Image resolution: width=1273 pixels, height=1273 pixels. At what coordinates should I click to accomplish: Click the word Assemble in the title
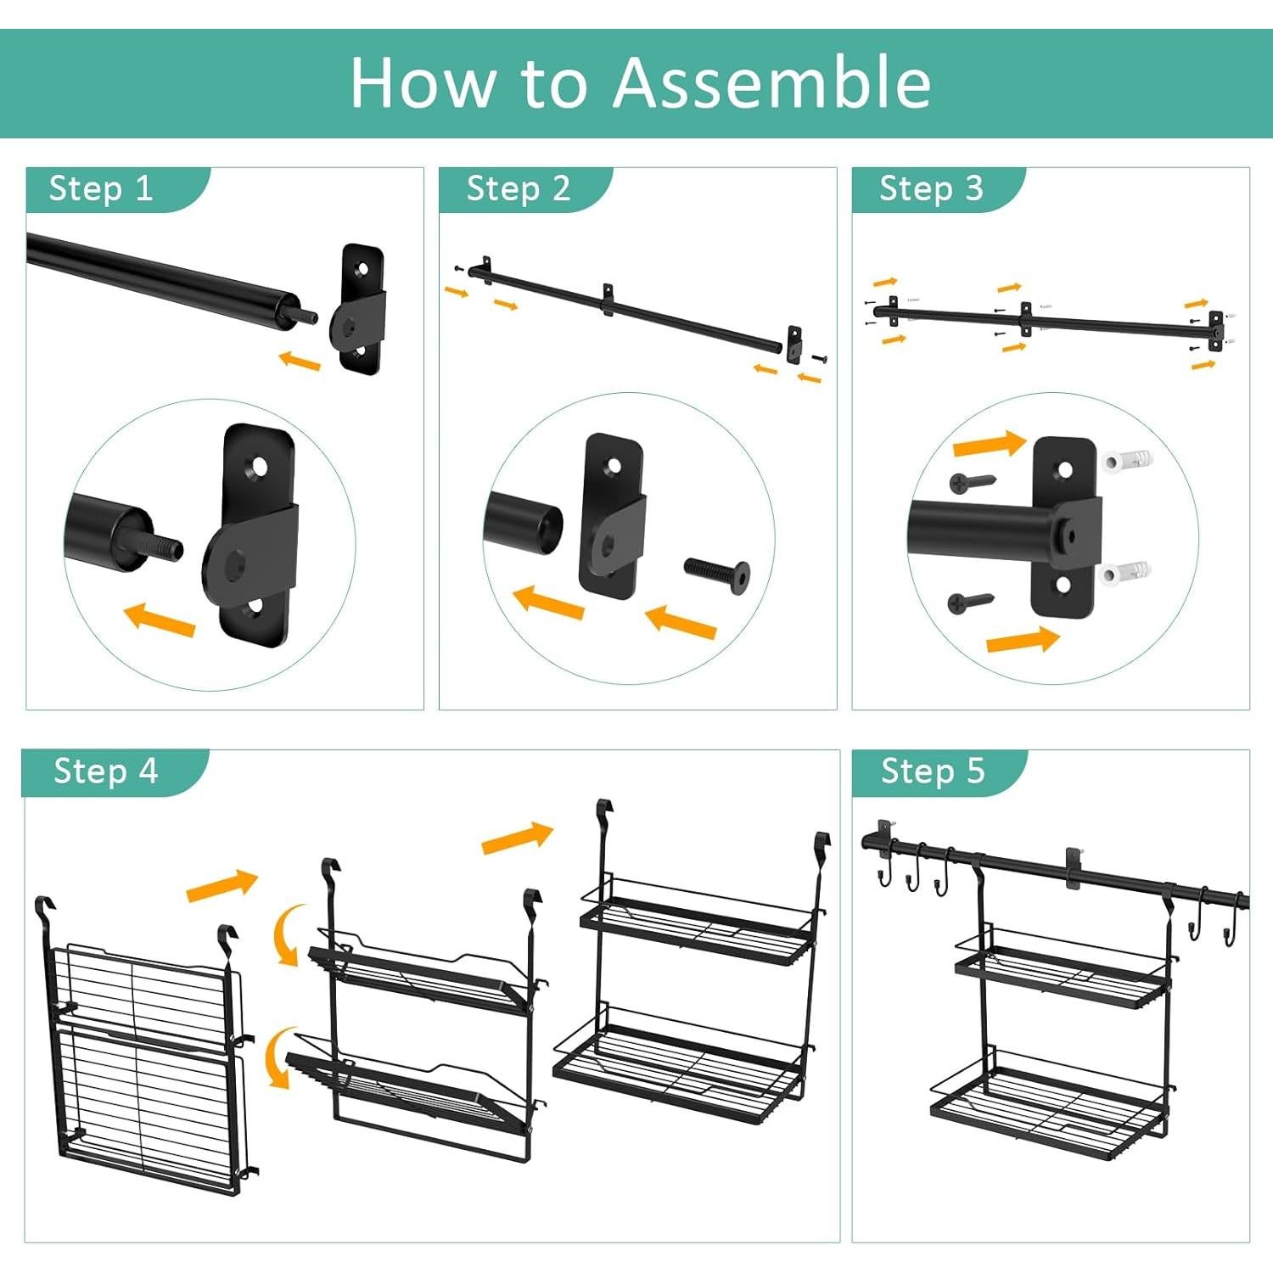(771, 82)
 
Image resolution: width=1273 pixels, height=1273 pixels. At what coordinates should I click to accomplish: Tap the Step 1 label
(101, 188)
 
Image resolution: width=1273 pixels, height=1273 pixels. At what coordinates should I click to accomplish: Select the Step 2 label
(519, 188)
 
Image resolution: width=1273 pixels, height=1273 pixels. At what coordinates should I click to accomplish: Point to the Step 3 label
(931, 188)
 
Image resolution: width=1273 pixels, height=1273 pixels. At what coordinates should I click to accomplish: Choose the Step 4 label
(105, 771)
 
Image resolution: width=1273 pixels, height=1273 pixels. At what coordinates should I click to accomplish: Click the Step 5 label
(933, 771)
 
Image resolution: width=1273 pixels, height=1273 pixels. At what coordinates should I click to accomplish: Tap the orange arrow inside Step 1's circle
(160, 619)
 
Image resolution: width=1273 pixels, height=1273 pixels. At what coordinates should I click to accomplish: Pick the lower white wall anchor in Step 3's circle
(1126, 574)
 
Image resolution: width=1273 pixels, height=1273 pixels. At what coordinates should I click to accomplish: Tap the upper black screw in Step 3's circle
(972, 483)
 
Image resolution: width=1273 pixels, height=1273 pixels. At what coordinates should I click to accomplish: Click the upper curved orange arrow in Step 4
(289, 934)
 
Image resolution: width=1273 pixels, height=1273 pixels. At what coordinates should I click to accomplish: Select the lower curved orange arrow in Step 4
(280, 1057)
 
